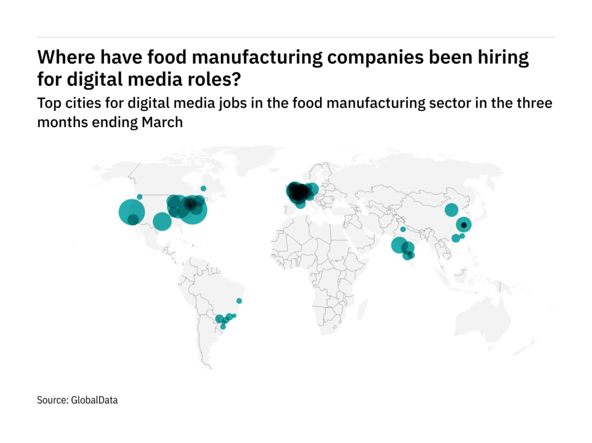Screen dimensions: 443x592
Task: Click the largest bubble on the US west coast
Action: (132, 212)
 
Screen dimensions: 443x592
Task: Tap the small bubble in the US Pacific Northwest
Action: (139, 197)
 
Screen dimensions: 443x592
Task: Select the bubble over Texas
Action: (162, 221)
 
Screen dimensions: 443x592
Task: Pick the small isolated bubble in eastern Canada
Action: (204, 188)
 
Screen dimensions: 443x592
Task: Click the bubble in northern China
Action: (451, 210)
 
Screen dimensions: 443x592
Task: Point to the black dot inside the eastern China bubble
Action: (464, 225)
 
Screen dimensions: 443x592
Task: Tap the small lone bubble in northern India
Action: (403, 229)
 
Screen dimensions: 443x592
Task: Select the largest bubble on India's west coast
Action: (399, 246)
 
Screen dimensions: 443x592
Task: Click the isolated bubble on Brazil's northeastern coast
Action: (240, 301)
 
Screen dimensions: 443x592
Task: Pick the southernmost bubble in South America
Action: (223, 327)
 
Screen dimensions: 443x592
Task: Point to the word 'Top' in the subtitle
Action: (47, 104)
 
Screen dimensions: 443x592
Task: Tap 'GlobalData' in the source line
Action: (95, 400)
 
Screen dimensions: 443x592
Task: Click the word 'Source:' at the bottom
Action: (52, 400)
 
